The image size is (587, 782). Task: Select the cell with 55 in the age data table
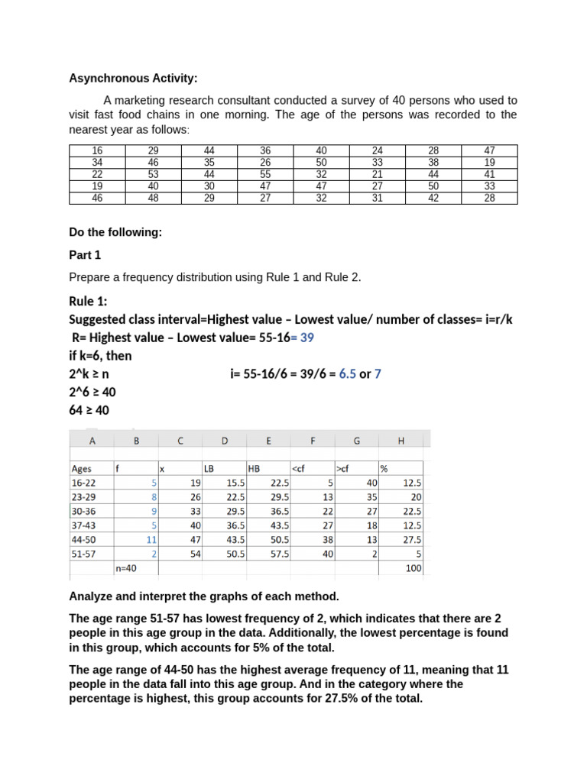265,175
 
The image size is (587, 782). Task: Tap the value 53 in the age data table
153,175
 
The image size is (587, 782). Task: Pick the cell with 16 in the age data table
97,151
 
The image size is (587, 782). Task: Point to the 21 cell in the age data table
377,175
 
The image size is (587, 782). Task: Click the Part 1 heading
85,255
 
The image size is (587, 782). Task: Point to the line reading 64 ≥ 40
89,410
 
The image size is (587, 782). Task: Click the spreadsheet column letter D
225,440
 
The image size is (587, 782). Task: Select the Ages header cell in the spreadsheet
82,468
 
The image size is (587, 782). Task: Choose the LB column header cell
209,468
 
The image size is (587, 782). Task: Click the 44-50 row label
85,540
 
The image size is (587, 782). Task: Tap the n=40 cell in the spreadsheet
127,569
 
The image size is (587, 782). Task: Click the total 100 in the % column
413,569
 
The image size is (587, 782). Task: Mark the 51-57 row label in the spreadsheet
84,554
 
